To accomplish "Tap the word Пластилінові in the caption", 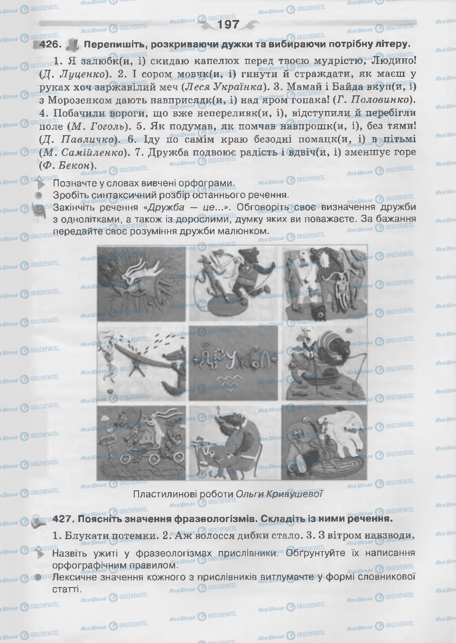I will [x=159, y=494].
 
